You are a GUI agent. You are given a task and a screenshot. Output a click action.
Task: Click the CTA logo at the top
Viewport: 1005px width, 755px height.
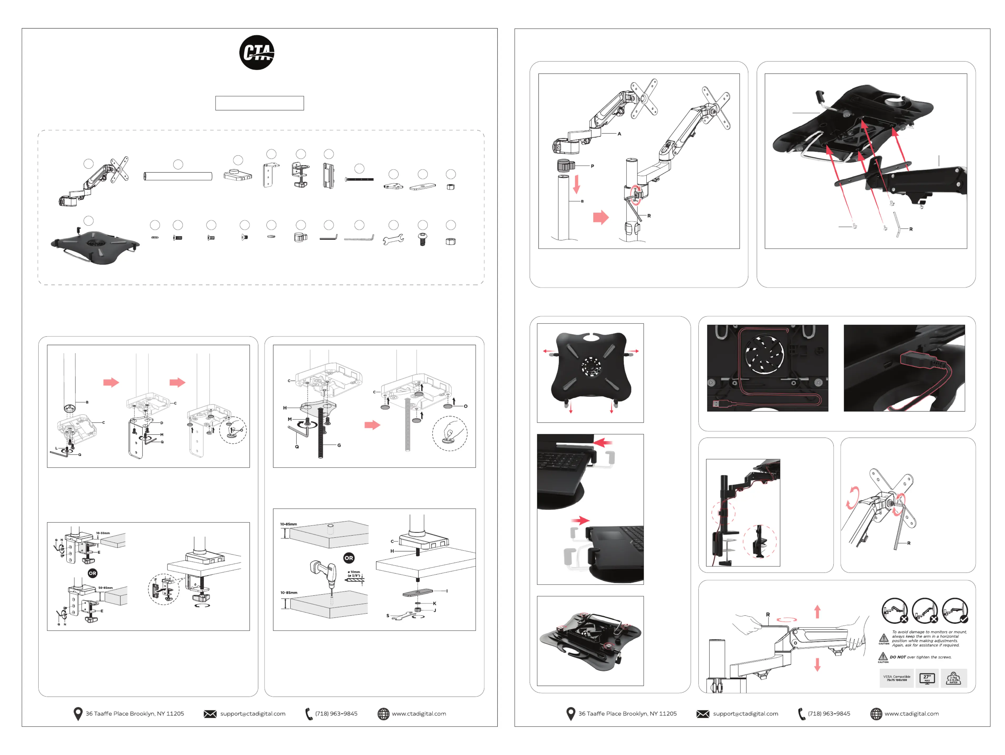[x=257, y=53]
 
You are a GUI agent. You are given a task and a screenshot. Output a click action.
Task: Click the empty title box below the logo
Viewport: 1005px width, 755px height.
[x=259, y=103]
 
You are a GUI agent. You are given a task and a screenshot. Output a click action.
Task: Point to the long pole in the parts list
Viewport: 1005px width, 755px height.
[x=178, y=176]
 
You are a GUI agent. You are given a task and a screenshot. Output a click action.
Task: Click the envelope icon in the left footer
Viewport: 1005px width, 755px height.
[x=210, y=714]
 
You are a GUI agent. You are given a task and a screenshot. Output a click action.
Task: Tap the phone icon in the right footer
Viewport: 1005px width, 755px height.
[x=802, y=714]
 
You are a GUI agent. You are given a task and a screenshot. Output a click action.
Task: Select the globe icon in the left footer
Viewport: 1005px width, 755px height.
[x=383, y=714]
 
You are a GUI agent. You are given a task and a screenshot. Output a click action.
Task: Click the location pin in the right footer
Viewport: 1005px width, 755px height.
[x=571, y=714]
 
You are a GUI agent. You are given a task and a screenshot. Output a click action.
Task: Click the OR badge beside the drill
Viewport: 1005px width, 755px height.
[x=348, y=558]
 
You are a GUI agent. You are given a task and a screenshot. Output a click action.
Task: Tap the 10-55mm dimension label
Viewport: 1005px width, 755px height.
[x=103, y=533]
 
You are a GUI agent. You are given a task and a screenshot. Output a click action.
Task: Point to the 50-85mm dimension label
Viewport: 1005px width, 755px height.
[x=105, y=588]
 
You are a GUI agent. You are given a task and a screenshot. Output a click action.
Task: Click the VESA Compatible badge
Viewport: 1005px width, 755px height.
[x=896, y=678]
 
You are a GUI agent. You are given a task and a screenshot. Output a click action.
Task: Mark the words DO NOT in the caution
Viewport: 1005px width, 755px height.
[x=897, y=657]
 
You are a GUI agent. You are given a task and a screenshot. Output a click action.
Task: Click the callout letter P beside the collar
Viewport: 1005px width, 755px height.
[x=593, y=166]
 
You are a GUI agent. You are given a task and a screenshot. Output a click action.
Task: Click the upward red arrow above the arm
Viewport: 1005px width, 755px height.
[x=817, y=611]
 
